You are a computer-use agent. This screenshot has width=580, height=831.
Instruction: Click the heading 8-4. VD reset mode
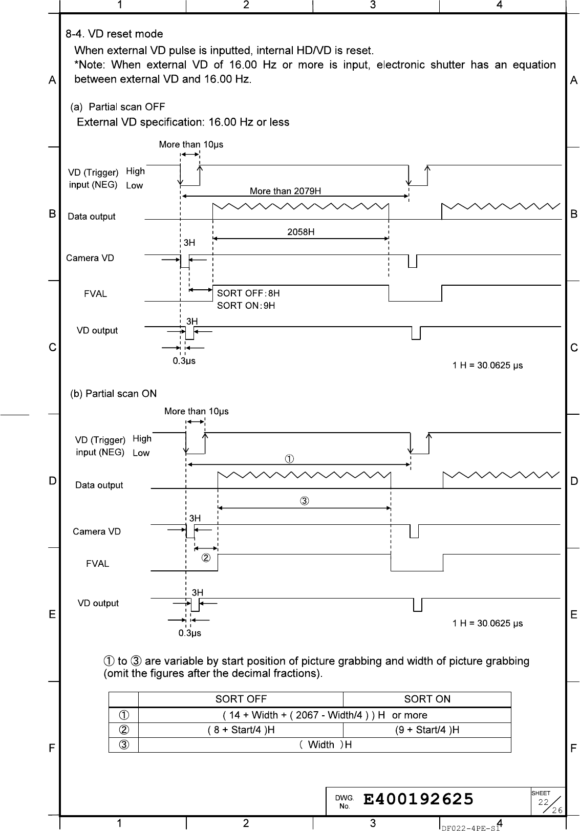click(114, 34)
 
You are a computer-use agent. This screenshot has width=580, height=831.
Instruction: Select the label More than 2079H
click(285, 191)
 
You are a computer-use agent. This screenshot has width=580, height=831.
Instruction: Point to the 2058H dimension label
click(300, 232)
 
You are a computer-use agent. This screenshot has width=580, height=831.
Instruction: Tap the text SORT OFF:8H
click(248, 293)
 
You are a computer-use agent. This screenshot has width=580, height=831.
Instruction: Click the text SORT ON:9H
click(246, 306)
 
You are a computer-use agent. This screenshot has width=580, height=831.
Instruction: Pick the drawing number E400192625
click(418, 799)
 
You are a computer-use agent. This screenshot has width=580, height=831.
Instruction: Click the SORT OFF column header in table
click(241, 699)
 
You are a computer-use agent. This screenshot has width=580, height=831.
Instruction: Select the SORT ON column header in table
click(427, 699)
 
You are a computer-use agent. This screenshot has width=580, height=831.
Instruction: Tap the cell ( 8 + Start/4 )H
click(241, 730)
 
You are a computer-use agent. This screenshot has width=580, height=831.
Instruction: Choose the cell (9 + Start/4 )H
click(427, 730)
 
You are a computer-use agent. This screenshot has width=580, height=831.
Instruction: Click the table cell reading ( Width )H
click(325, 744)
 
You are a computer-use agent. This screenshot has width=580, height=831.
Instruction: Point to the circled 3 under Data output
click(304, 501)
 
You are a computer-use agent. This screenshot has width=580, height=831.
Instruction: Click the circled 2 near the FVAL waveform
click(205, 558)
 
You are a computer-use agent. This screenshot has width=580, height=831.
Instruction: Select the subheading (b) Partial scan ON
click(113, 394)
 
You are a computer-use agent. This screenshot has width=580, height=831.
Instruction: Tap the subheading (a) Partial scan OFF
click(117, 107)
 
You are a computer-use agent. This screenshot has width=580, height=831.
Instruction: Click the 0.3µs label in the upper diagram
click(184, 361)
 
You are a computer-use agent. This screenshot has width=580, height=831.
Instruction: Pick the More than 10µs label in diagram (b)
click(196, 411)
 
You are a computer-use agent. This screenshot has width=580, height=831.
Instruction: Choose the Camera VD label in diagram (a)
click(90, 258)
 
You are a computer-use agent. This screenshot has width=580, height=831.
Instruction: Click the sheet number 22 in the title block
click(543, 802)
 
